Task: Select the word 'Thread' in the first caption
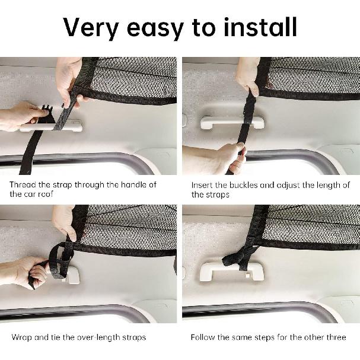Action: tap(23, 184)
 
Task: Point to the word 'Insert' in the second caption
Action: tap(202, 184)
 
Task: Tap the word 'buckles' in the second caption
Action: tap(243, 184)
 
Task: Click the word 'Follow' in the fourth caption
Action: tap(203, 337)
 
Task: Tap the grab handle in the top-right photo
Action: tap(232, 122)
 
